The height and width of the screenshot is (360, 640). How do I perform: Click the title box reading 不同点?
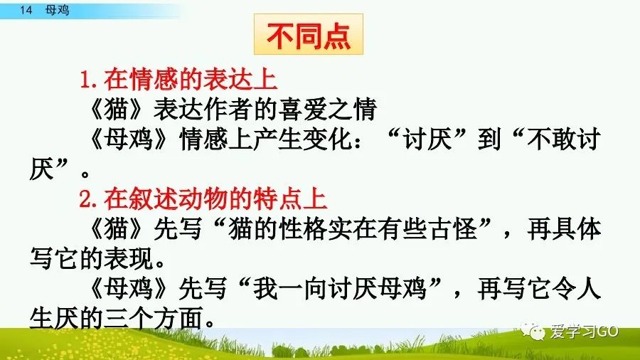(x=309, y=35)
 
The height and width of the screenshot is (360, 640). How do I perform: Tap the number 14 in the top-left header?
(x=27, y=10)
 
